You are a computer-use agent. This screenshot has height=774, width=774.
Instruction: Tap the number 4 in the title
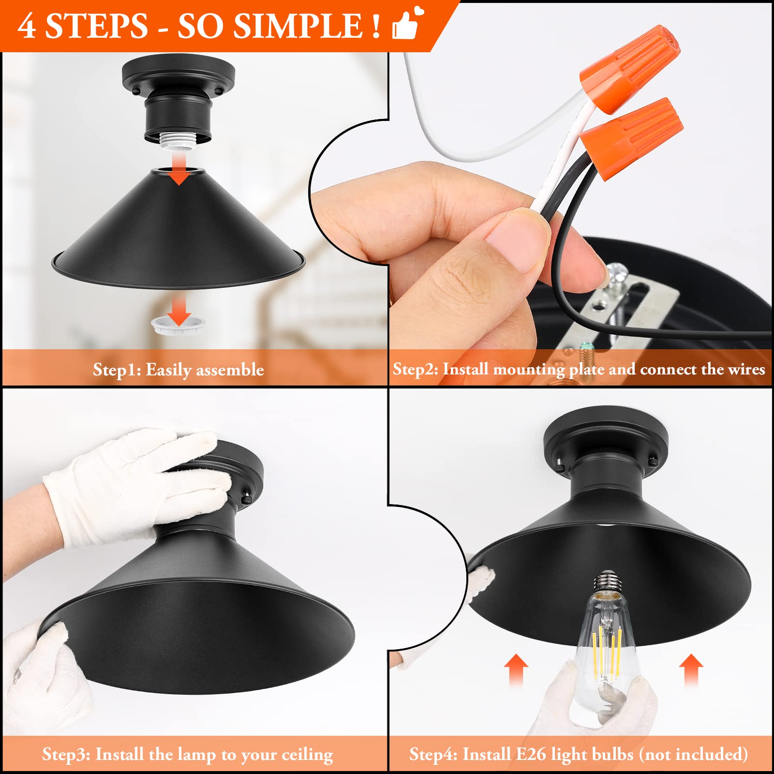click(x=27, y=26)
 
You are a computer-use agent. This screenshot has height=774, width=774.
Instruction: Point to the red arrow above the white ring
click(x=179, y=310)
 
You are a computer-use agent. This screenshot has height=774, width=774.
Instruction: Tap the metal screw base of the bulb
click(x=608, y=583)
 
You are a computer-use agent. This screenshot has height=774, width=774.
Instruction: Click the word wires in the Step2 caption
click(x=746, y=370)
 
